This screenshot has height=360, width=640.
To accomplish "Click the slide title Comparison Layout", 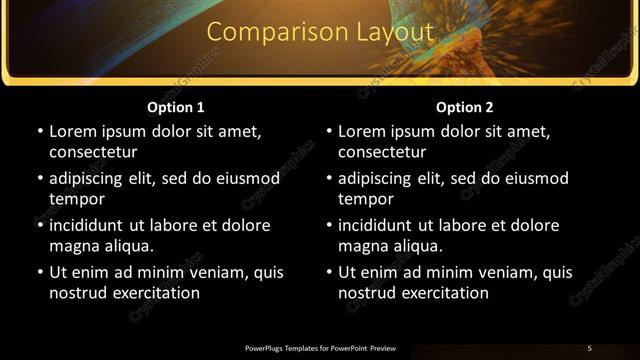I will tap(320, 33).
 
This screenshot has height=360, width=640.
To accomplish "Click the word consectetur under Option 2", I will tap(382, 152).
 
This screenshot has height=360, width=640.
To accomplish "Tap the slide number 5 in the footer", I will tap(589, 348).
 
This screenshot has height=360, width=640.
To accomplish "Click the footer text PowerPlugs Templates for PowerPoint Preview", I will tap(320, 348).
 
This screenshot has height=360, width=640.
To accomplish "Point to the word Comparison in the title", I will tap(266, 33).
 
